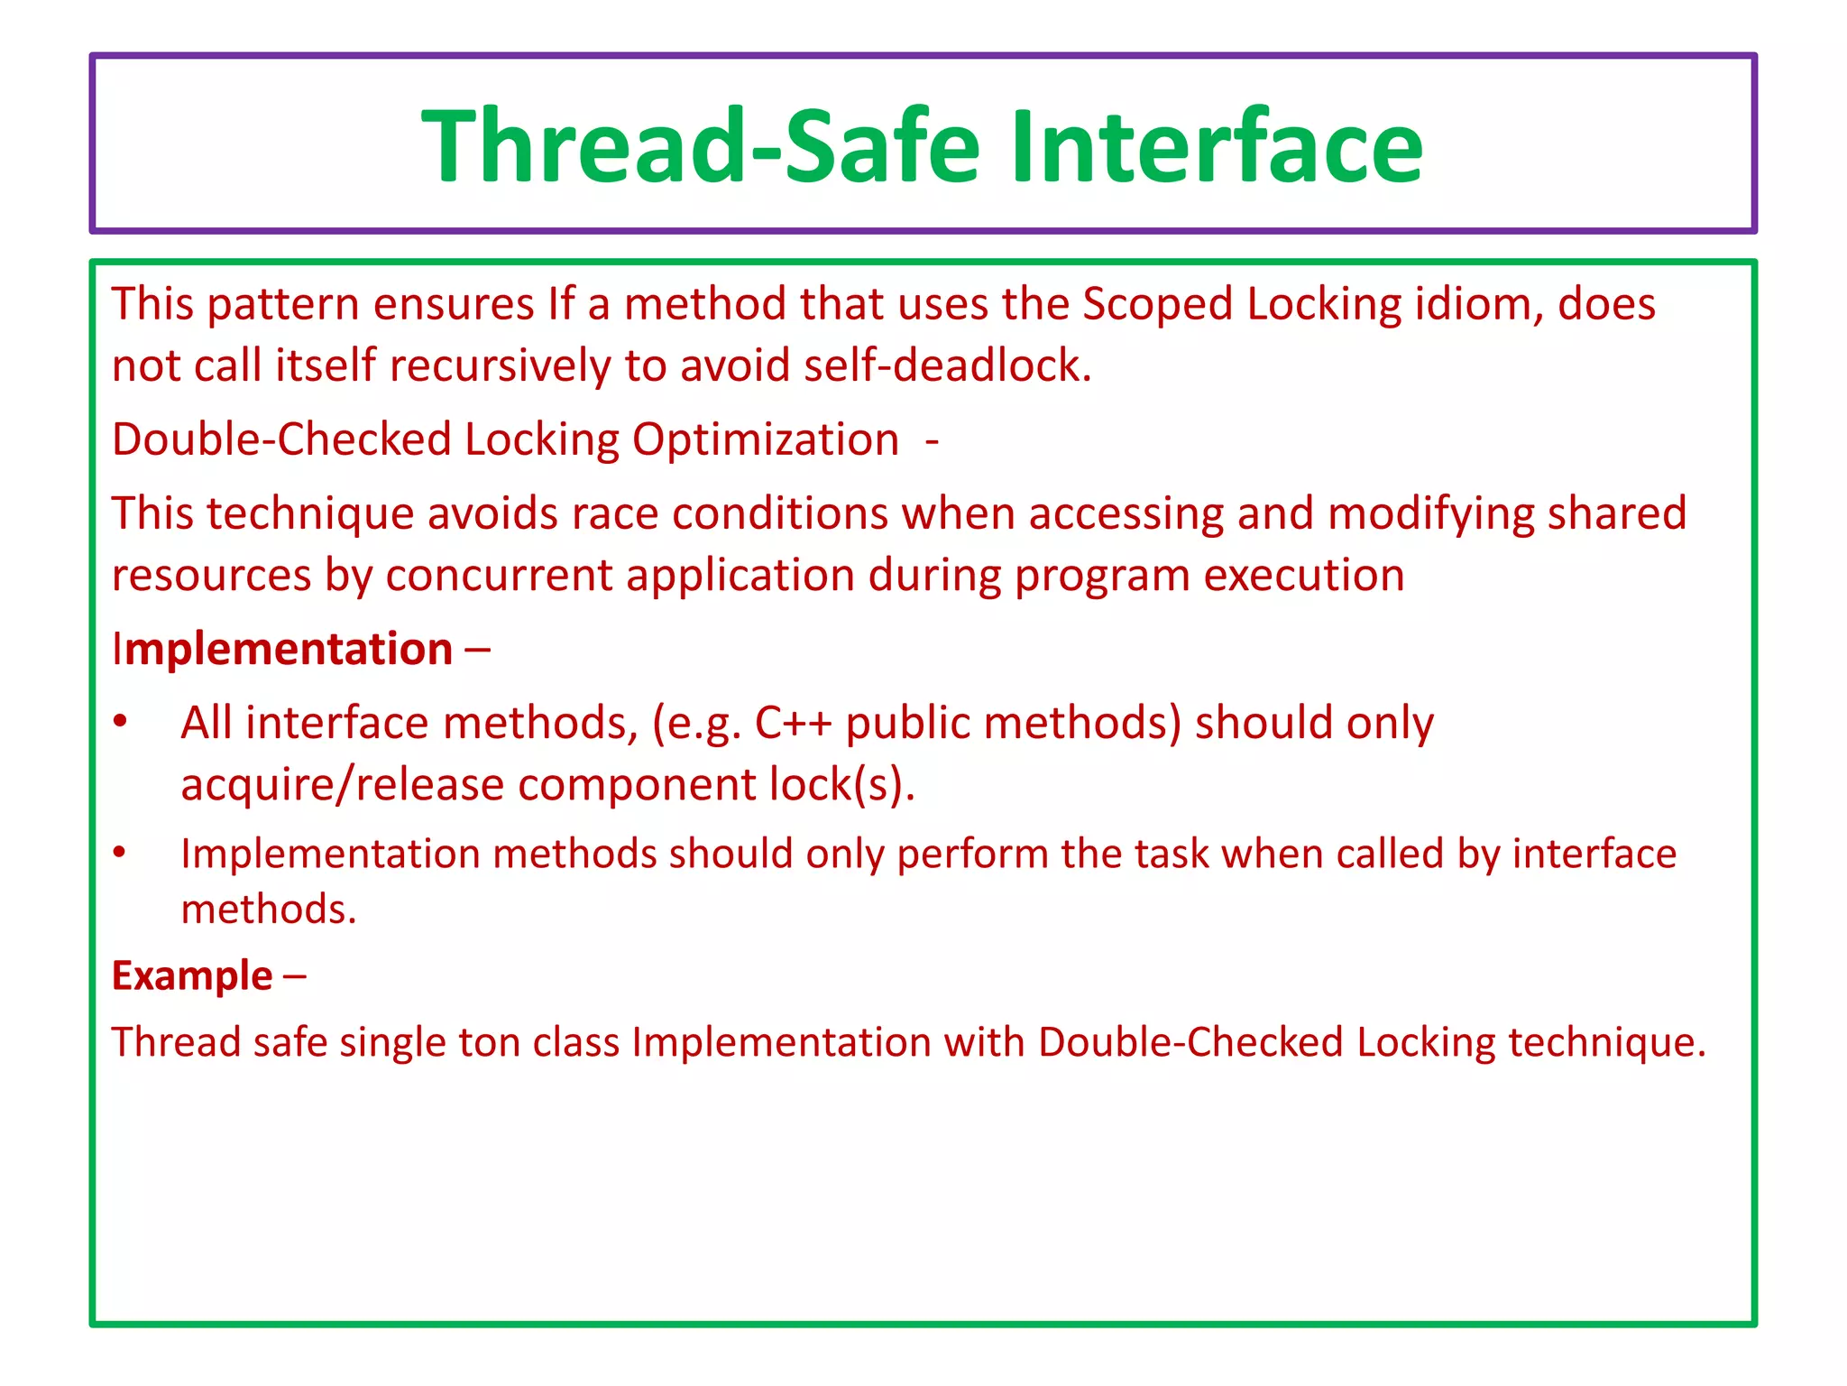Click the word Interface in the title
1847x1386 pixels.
point(1216,146)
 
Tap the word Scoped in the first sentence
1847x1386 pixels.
point(1157,304)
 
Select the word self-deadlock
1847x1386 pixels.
point(947,365)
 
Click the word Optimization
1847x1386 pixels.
point(765,440)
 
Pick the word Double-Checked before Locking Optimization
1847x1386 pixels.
point(281,440)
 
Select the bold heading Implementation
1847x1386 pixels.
point(282,650)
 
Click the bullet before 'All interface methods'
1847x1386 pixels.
point(120,721)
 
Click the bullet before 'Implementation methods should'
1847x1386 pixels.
point(120,852)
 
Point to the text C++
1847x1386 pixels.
point(793,723)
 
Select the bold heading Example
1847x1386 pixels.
point(192,976)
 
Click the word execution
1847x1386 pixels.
point(1304,576)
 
